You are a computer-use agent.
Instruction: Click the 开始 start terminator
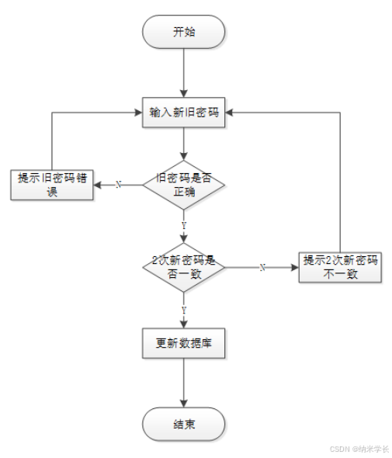coord(183,32)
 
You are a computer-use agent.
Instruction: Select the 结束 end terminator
coord(183,424)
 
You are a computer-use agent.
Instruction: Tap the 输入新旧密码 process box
coord(183,113)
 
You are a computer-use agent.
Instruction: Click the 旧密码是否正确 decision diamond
coord(183,185)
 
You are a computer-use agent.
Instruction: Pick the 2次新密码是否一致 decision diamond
coord(183,266)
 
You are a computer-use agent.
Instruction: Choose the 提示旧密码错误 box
coord(52,185)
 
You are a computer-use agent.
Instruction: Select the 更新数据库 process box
coord(183,343)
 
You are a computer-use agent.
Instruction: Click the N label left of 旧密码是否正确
coord(118,185)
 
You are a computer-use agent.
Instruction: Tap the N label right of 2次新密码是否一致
coord(262,267)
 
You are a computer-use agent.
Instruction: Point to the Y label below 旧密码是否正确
coord(183,225)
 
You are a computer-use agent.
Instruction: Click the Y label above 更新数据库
coord(183,309)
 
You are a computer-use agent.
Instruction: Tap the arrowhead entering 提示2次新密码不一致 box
coord(295,266)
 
